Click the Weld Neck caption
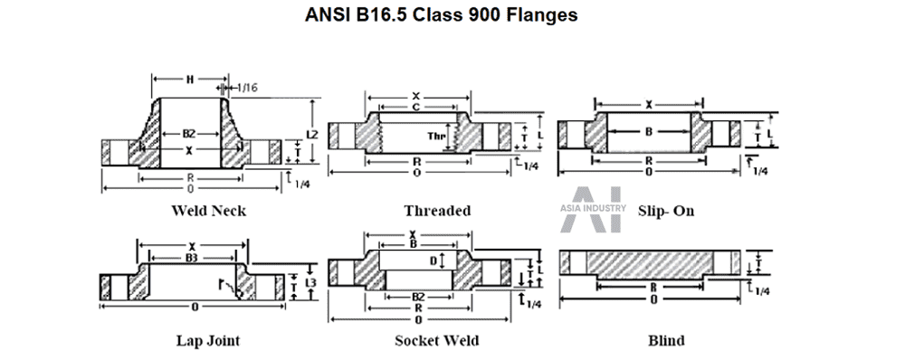[x=208, y=211]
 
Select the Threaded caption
[x=437, y=211]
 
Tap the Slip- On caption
[x=666, y=211]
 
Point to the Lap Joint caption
[x=208, y=341]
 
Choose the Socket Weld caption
[x=437, y=341]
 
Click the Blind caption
[x=666, y=341]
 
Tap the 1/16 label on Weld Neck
[x=247, y=87]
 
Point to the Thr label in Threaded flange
[x=436, y=137]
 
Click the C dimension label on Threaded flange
[x=414, y=107]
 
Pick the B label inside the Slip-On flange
[x=648, y=132]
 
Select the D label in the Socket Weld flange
[x=433, y=261]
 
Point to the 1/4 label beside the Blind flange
[x=763, y=290]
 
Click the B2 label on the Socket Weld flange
[x=418, y=296]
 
